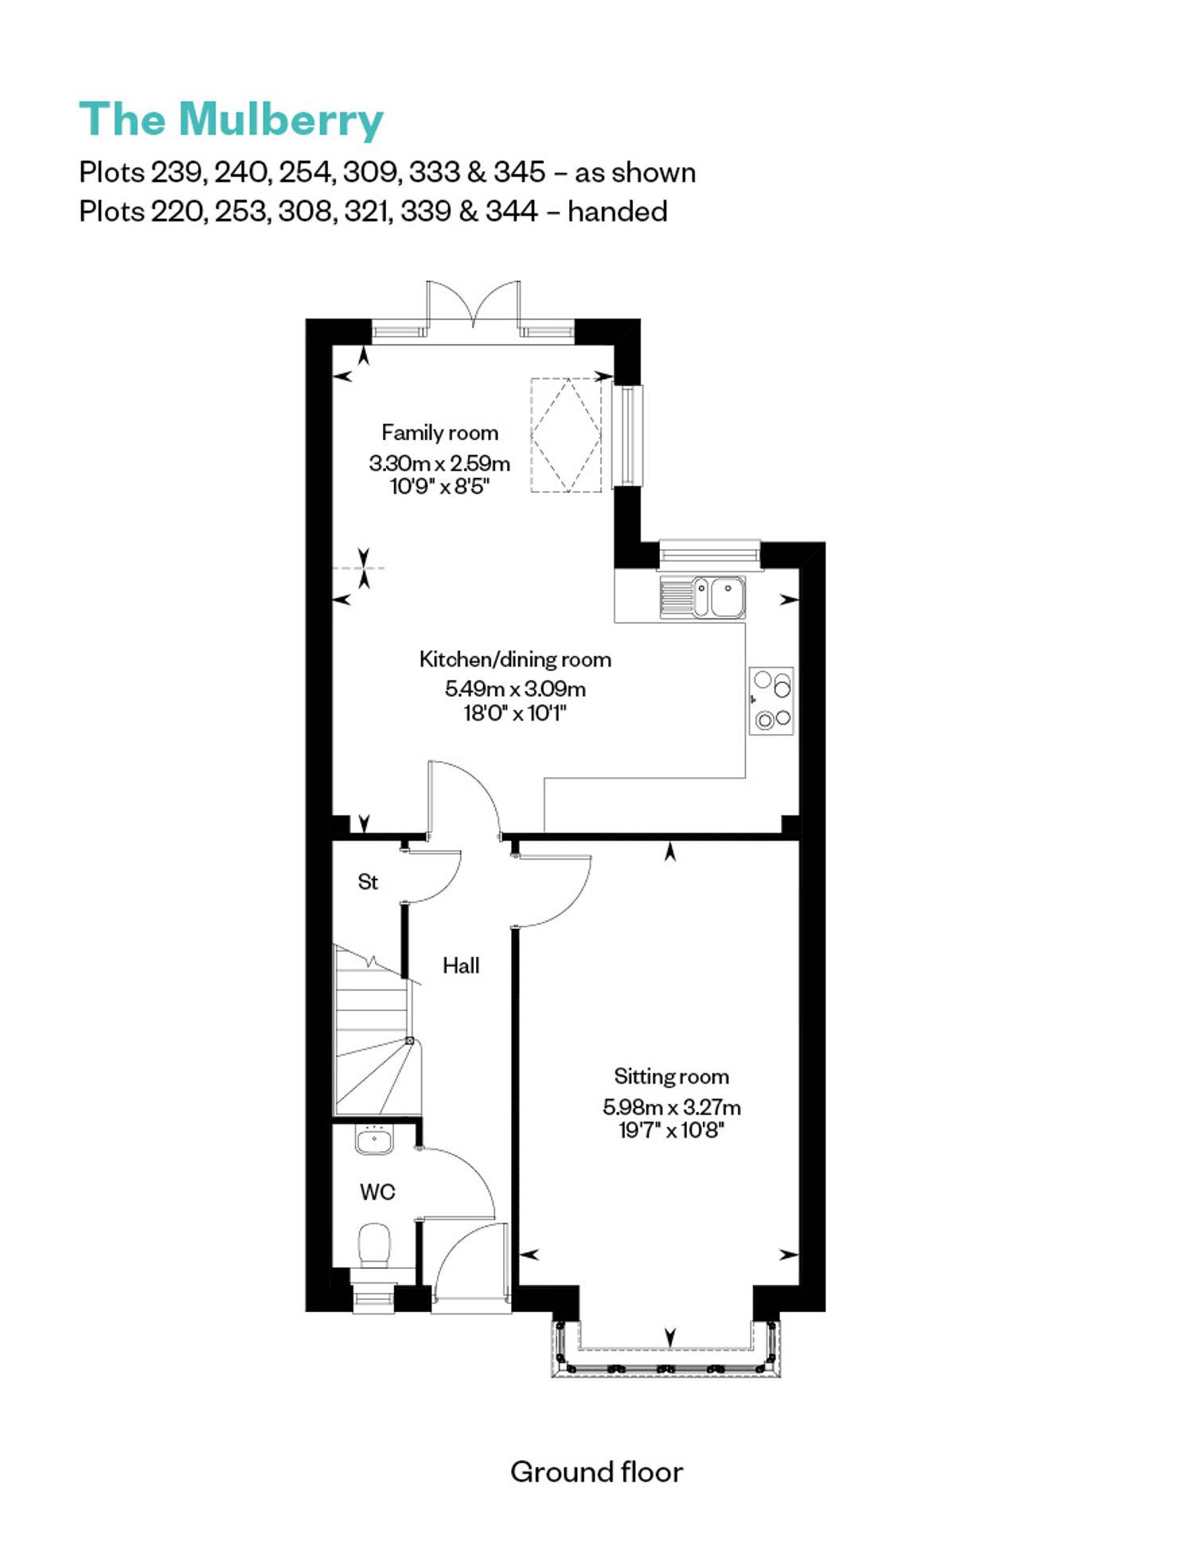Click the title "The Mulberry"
point(231,119)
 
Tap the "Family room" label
point(440,432)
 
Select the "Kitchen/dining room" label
point(515,659)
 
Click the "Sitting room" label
point(671,1076)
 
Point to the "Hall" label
point(461,966)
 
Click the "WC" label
point(377,1192)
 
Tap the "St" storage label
point(368,881)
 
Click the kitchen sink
point(703,598)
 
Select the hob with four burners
point(771,701)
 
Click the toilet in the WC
point(374,1246)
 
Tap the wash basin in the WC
point(374,1140)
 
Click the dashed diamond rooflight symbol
point(567,435)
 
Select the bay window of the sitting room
point(666,1349)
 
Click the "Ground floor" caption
point(597,1472)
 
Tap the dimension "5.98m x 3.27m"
point(672,1107)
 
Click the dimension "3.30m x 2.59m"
point(439,463)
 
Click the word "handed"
point(618,212)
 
